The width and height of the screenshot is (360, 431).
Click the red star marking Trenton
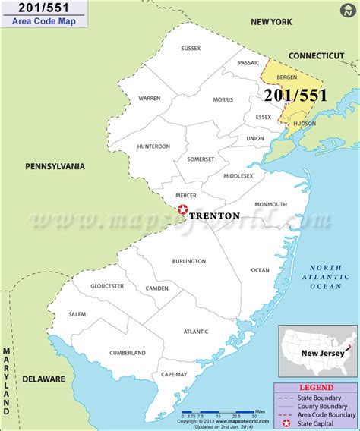pos(182,212)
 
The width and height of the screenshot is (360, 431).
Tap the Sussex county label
pos(191,49)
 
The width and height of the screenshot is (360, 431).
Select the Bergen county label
pos(287,78)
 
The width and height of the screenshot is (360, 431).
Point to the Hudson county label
pos(303,123)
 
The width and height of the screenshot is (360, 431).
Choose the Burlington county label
pos(190,261)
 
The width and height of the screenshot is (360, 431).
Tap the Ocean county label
pos(260,269)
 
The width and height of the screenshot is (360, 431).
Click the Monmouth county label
pos(270,204)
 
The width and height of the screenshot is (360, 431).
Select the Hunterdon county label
pos(153,146)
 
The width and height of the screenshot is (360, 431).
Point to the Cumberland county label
pos(127,353)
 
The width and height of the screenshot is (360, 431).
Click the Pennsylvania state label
pos(55,166)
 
